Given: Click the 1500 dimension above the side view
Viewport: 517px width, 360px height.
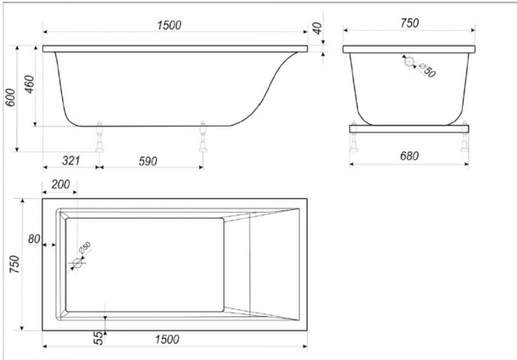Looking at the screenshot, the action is (x=169, y=25).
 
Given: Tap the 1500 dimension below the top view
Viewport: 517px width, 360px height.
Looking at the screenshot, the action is (x=167, y=339).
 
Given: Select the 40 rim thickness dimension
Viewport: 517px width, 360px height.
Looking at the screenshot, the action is (x=317, y=28).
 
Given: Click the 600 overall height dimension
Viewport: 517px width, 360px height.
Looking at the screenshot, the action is (x=10, y=97).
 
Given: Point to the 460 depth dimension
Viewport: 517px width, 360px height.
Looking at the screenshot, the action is (x=29, y=84).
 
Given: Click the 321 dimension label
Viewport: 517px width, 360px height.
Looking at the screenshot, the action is (x=71, y=160).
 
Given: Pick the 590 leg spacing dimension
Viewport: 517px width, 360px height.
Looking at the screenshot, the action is (x=147, y=161).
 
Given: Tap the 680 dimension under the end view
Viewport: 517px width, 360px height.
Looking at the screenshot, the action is (x=409, y=156).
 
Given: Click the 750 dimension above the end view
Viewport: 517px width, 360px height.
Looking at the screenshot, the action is (x=409, y=23).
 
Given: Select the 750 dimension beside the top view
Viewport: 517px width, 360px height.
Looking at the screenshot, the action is (x=15, y=264).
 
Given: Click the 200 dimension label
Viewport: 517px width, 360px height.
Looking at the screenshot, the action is (x=60, y=184).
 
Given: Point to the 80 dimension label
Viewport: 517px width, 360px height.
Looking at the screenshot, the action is (x=34, y=239).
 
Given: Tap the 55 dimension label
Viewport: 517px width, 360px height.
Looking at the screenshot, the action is (x=98, y=338).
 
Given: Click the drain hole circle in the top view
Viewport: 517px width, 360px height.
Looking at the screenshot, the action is (x=78, y=263).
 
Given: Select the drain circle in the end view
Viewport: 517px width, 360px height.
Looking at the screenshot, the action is (x=409, y=62).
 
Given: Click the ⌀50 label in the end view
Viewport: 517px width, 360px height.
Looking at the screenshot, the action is (x=427, y=71).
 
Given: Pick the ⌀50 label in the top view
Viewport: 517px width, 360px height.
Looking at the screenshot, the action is (x=84, y=247).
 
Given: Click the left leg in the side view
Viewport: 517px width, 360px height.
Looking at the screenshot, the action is (x=99, y=137).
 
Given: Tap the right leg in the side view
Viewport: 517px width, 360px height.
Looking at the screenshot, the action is (x=203, y=137).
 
